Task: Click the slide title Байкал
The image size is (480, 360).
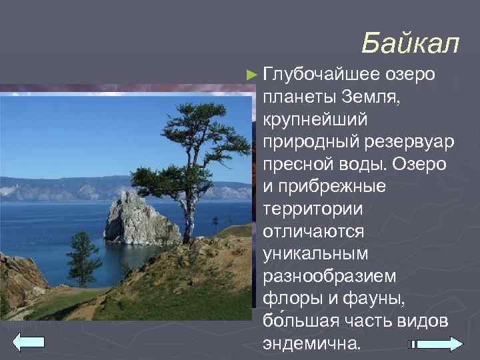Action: [410, 44]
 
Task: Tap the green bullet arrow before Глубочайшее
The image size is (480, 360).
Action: [251, 73]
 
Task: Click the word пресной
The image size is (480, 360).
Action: [295, 164]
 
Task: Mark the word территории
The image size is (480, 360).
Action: [313, 209]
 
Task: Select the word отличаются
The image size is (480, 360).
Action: [313, 231]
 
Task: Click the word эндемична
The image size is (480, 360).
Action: [311, 343]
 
